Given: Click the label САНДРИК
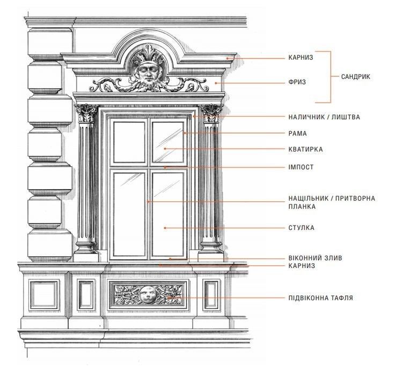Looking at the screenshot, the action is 356,77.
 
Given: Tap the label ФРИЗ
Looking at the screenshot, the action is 297,82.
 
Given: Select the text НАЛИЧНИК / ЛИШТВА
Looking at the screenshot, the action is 324,117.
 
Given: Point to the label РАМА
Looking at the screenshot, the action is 297,133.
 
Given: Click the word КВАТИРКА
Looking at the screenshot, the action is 305,149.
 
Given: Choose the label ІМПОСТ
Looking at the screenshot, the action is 301,167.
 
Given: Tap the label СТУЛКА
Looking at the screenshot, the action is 301,228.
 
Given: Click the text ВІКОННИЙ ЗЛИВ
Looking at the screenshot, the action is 315,258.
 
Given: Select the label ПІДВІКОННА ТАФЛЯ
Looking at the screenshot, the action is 320,298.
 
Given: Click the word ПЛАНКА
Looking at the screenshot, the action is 302,206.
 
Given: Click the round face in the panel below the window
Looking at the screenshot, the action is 148,294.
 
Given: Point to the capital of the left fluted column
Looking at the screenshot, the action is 86,113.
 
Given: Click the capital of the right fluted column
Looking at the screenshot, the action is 211,113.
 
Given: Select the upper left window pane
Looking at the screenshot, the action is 129,142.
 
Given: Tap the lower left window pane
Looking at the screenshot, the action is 129,214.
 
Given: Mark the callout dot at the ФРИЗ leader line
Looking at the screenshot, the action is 216,83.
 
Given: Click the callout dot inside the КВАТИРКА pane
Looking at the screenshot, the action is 165,149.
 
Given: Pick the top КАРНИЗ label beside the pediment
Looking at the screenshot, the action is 301,57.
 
